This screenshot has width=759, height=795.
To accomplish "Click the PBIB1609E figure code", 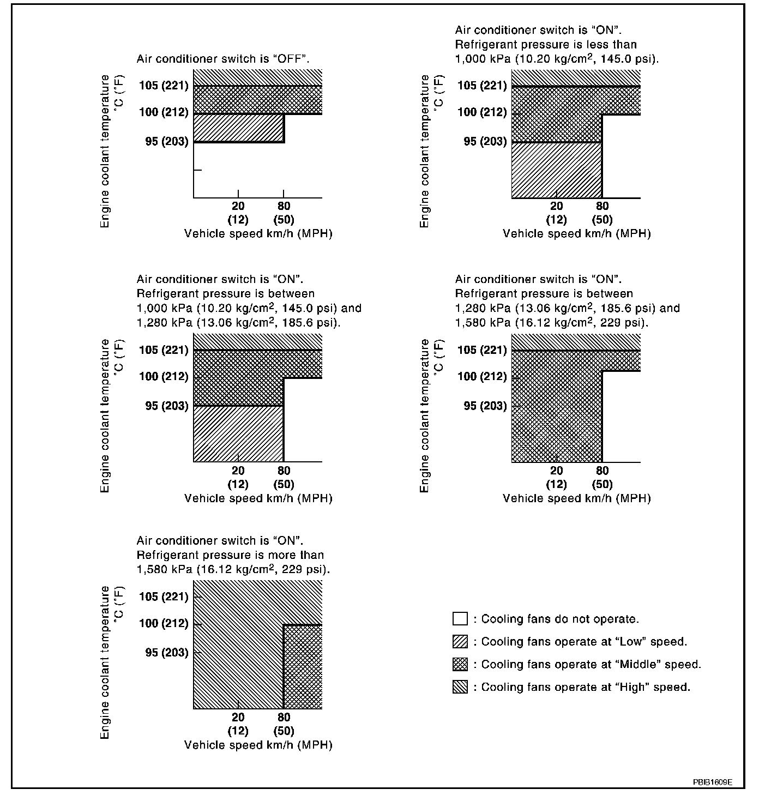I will [712, 782].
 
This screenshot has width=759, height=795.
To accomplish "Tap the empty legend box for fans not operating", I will [460, 619].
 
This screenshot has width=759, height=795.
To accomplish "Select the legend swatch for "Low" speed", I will [460, 642].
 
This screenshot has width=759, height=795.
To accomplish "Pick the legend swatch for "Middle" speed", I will [460, 664].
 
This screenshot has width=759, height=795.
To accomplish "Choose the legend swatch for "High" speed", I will [460, 687].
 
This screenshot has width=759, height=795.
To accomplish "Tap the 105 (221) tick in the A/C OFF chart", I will [164, 85].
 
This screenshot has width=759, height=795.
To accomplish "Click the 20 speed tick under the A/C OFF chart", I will [238, 206].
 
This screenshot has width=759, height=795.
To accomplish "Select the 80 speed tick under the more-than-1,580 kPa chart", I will [284, 717].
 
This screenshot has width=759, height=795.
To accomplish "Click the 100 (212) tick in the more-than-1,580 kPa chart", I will [164, 623].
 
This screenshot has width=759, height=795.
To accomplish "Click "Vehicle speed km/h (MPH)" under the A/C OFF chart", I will [258, 234].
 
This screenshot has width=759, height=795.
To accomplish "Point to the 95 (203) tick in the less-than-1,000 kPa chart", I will [485, 141].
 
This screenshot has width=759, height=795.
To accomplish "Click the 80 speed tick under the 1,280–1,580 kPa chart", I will [602, 471].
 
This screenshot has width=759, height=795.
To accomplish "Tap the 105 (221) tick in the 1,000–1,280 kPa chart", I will [164, 350].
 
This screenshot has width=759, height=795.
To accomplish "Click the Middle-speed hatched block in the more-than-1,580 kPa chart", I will [303, 666].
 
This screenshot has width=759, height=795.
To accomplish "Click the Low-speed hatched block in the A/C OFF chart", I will [239, 128].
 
